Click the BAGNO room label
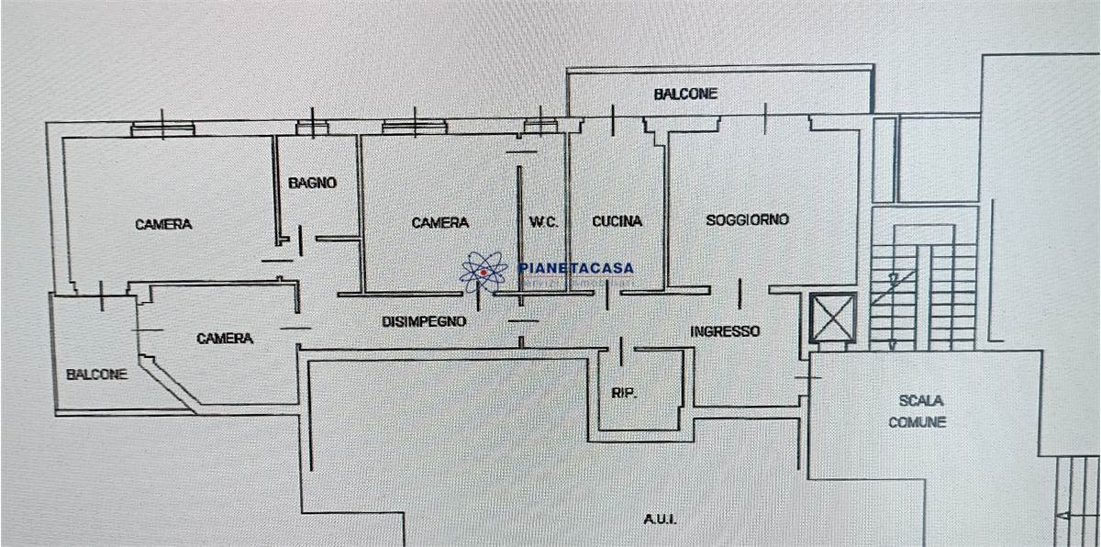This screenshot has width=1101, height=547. click(312, 183)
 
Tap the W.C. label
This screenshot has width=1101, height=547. click(543, 221)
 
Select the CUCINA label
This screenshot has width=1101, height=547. click(617, 221)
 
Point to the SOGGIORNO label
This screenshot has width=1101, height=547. click(747, 220)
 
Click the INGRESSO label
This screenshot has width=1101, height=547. click(725, 331)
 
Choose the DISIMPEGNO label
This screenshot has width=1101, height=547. click(424, 322)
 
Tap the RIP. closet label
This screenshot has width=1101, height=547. click(624, 394)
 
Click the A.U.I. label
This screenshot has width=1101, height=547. click(660, 519)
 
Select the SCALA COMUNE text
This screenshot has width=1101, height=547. click(921, 411)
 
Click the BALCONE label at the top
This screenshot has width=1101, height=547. click(685, 94)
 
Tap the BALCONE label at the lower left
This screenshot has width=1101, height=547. click(96, 374)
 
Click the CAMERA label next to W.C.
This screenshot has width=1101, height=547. click(439, 222)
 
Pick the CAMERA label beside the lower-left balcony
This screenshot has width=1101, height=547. click(225, 339)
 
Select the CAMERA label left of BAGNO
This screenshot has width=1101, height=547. click(163, 224)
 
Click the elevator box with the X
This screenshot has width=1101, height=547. click(832, 318)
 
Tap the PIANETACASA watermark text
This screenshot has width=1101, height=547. click(575, 268)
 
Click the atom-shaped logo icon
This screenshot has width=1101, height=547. click(483, 272)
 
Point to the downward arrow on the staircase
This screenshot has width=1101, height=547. click(892, 341)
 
